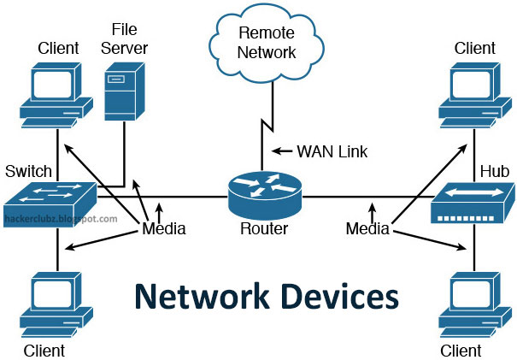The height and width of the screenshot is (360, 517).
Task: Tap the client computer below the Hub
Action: [x=473, y=305]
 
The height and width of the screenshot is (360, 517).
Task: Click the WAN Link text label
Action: [x=332, y=151]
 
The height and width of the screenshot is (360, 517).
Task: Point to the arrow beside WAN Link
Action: [x=281, y=151]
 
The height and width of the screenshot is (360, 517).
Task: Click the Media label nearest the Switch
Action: [x=163, y=228]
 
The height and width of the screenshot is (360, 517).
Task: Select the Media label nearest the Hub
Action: [x=367, y=228]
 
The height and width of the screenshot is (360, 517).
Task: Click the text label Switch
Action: [x=28, y=171]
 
